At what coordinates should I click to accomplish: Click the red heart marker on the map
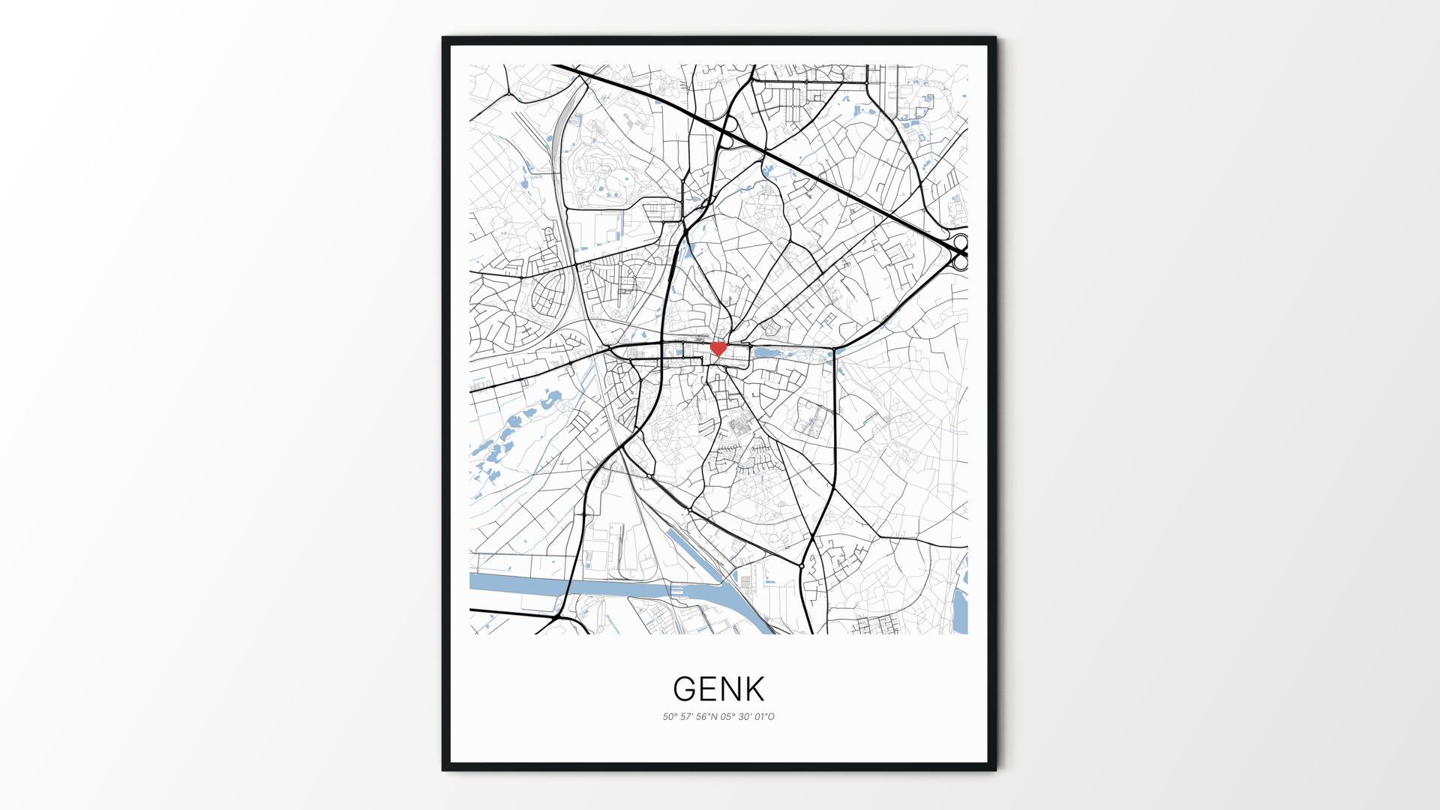pos(718,349)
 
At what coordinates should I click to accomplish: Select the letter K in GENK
pos(754,688)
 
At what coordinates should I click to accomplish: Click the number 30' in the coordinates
pos(745,717)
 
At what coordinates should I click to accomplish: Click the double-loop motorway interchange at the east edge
pos(961,252)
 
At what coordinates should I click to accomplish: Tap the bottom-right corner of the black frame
pos(995,769)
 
